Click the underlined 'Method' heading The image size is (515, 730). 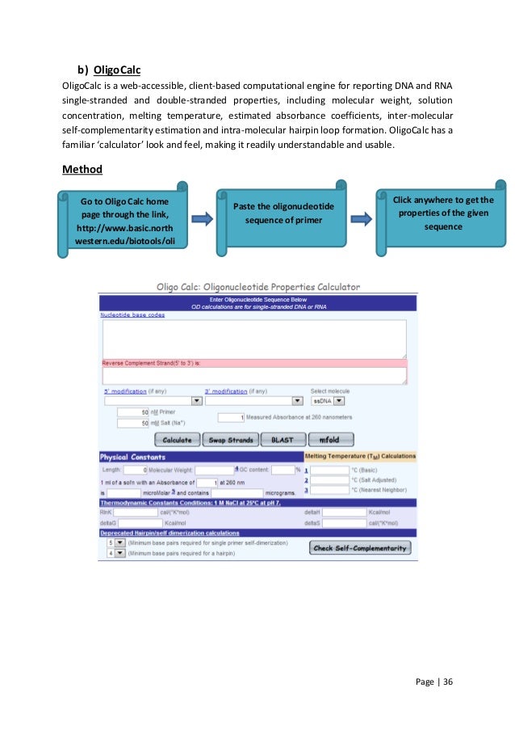coord(83,171)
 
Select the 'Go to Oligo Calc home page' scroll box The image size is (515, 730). coord(124,221)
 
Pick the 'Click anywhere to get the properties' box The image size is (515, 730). coord(442,213)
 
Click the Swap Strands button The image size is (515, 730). coord(231,441)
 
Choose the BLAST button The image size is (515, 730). coord(283,441)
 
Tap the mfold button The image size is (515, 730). coord(329,441)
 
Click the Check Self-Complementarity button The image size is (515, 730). coord(360,548)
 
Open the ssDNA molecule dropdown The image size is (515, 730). coord(329,400)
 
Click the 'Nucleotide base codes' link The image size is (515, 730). coord(132,314)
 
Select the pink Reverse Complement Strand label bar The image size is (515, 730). coord(253,363)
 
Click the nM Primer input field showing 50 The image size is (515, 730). coord(133,412)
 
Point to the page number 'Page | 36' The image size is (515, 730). coord(434,681)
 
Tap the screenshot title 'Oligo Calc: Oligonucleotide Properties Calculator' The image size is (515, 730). coord(257,286)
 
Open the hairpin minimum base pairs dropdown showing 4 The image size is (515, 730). coord(115,554)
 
